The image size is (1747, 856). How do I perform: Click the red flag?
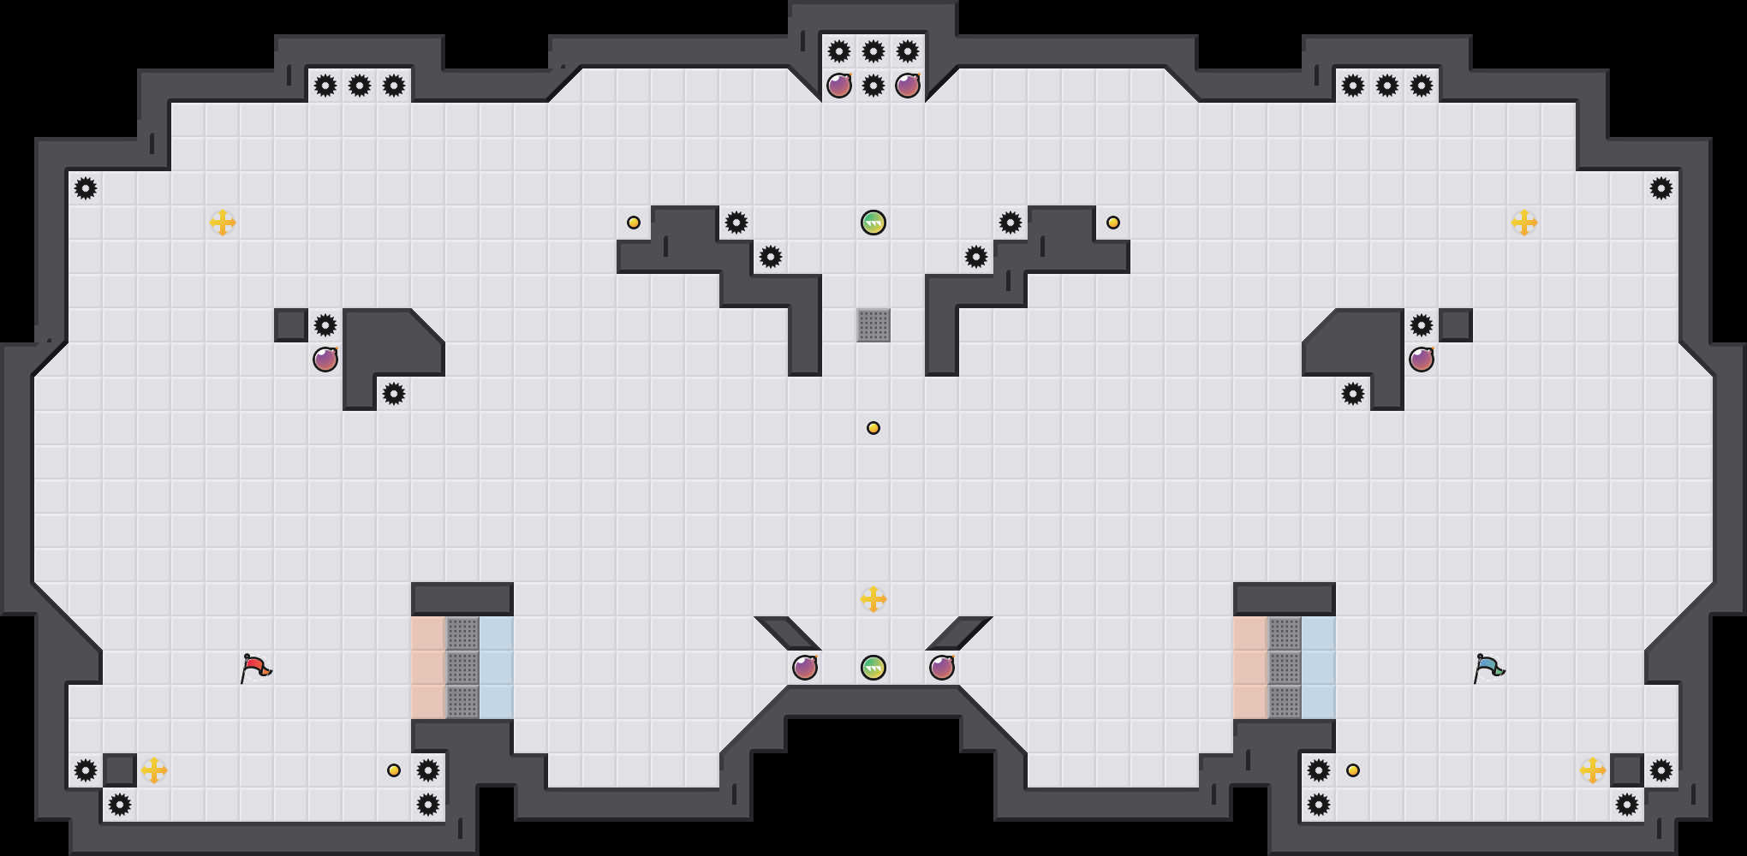click(255, 668)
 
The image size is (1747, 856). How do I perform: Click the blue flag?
click(1488, 668)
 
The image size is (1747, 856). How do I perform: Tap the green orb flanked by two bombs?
click(873, 668)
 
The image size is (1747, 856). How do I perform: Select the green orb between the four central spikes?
click(873, 223)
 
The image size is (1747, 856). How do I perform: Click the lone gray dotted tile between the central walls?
click(873, 325)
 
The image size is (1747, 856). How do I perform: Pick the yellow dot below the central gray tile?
click(873, 428)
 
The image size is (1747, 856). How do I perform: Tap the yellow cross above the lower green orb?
click(873, 599)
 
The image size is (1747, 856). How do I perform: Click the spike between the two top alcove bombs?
click(873, 86)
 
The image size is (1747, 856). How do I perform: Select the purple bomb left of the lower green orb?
click(804, 668)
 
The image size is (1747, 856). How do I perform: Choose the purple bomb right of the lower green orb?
click(941, 668)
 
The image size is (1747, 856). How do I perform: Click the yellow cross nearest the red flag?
click(154, 770)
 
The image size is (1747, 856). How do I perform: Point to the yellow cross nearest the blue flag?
click(1592, 770)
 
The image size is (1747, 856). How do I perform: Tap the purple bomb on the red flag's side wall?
click(325, 360)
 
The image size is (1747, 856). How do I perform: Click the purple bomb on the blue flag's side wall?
click(1421, 360)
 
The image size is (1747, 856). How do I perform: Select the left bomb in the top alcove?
click(838, 86)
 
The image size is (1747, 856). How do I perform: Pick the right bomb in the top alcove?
click(907, 86)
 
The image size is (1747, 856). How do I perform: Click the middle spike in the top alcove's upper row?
click(873, 51)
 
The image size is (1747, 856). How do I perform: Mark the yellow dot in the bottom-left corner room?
click(394, 770)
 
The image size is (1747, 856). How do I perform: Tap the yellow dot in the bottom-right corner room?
click(1353, 770)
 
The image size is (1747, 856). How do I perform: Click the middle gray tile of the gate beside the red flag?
click(462, 668)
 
